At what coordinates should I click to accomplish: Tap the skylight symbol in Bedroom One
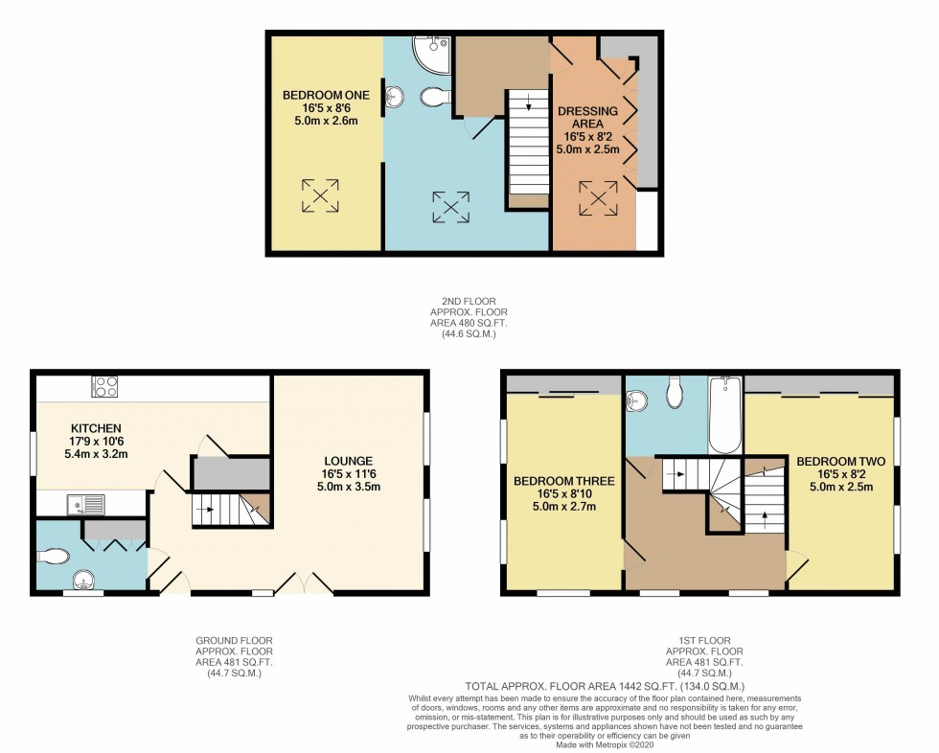point(320,196)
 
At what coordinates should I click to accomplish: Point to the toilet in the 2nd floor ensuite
point(434,97)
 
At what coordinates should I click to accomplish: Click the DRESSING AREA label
point(588,111)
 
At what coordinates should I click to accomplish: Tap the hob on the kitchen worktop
point(104,387)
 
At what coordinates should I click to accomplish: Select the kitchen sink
point(84,504)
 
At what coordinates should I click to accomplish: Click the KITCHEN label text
point(94,428)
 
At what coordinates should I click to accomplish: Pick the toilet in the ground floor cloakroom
point(55,556)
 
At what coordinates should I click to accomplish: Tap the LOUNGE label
point(348,461)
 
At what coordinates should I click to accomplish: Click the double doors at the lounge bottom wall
point(301,582)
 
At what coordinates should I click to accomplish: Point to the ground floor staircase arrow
point(204,510)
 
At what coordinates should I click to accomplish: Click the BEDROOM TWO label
point(840,461)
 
